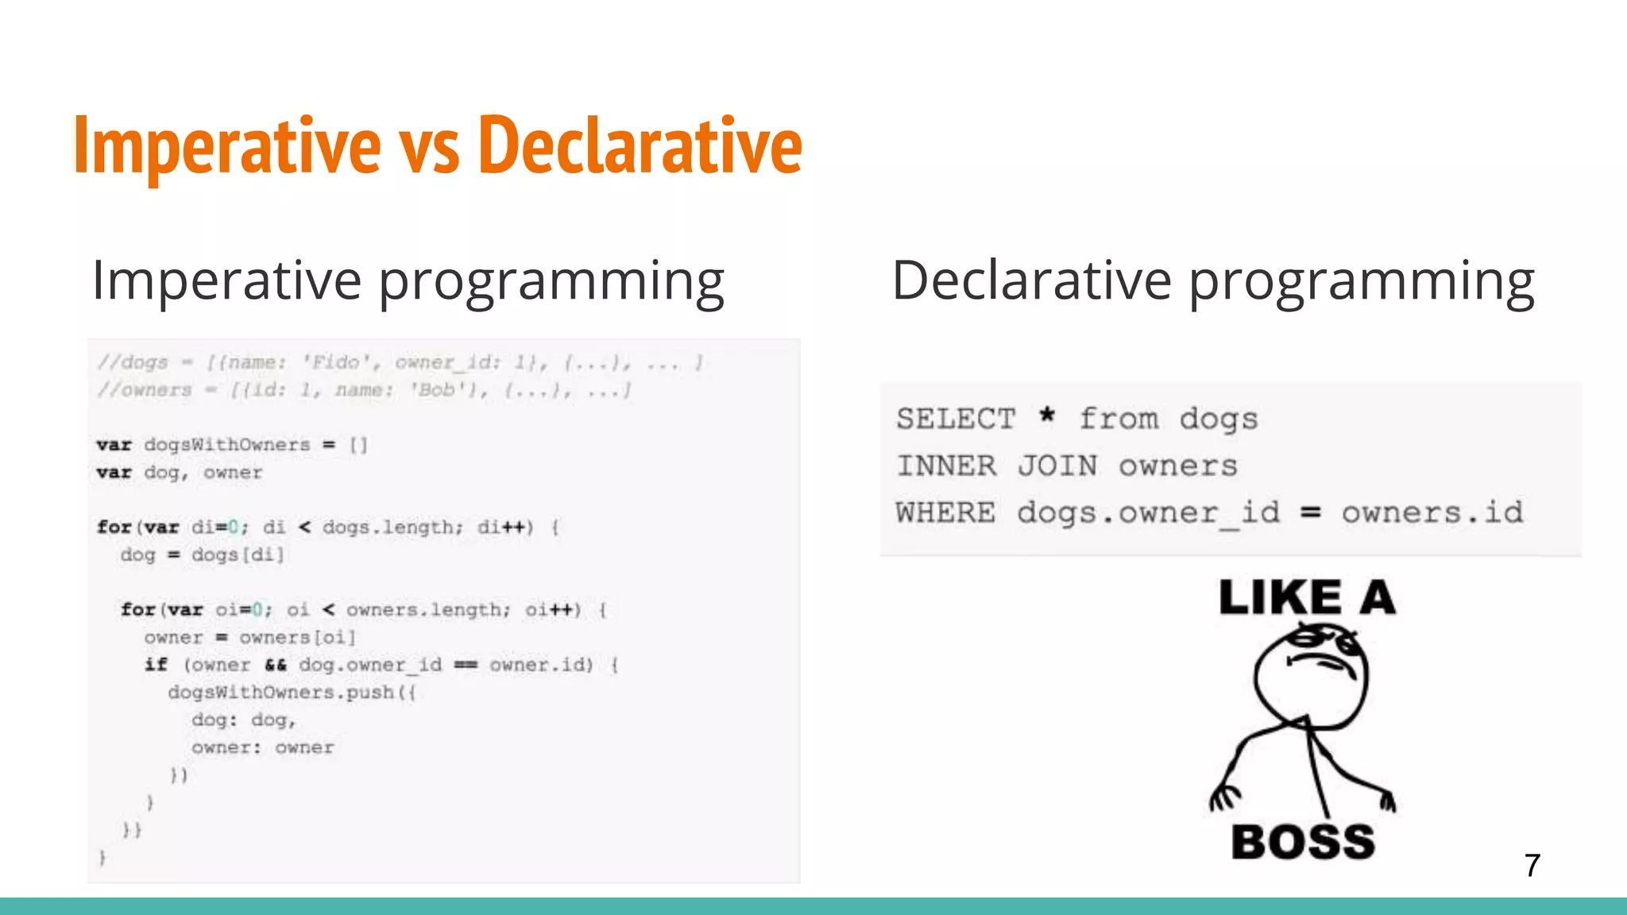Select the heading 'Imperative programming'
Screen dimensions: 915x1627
click(x=408, y=281)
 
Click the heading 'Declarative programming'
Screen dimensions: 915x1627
click(x=1213, y=281)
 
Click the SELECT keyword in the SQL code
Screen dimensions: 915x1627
click(x=956, y=419)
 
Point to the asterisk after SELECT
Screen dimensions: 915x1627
click(x=1047, y=415)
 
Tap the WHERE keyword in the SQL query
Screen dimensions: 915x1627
click(x=945, y=512)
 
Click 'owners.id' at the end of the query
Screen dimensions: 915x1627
click(x=1432, y=512)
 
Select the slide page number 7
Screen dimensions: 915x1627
click(x=1532, y=865)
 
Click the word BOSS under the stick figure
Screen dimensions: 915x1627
click(x=1303, y=843)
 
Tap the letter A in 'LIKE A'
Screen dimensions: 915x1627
click(x=1378, y=598)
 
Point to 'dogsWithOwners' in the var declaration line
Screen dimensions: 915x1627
click(x=227, y=445)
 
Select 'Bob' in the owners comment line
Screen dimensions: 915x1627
click(x=437, y=390)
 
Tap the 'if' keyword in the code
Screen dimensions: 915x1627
click(x=156, y=665)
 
